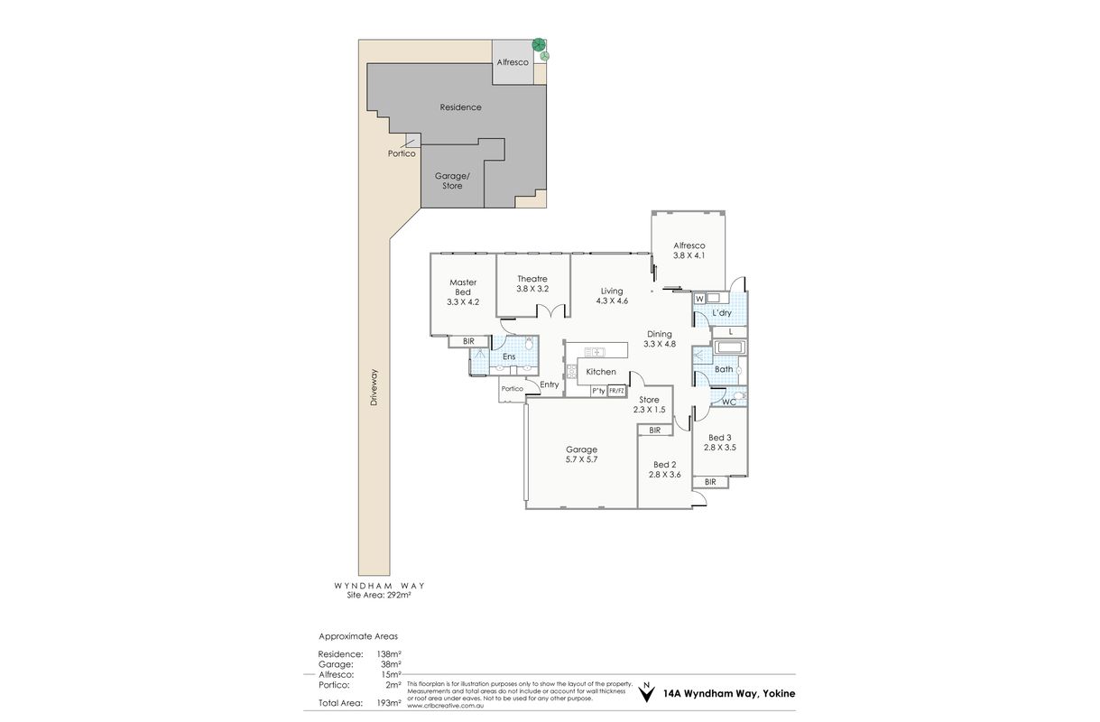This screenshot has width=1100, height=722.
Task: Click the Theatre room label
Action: (532, 279)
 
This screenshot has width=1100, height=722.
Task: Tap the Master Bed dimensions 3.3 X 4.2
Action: (463, 302)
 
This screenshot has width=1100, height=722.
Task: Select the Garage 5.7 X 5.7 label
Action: (581, 454)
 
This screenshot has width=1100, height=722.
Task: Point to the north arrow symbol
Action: (647, 691)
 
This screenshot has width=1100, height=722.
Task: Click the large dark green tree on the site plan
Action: (539, 45)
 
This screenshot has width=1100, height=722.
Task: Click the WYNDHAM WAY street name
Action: (379, 586)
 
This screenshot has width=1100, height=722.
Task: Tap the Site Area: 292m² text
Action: (379, 595)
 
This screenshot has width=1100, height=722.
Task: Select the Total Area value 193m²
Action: (389, 703)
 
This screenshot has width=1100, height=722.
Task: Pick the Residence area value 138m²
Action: (389, 654)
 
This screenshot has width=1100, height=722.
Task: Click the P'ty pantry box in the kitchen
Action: (598, 391)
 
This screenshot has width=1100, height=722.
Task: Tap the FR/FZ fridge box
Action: (617, 391)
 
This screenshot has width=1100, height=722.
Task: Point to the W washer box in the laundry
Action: (699, 299)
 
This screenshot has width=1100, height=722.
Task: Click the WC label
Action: (729, 403)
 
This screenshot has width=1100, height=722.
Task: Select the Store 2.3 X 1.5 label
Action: (649, 404)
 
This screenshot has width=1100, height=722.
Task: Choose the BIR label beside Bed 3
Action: (710, 482)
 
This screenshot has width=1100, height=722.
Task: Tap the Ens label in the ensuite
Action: (509, 356)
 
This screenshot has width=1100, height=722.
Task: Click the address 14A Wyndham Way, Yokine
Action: (729, 693)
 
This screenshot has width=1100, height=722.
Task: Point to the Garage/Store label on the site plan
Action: (452, 180)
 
